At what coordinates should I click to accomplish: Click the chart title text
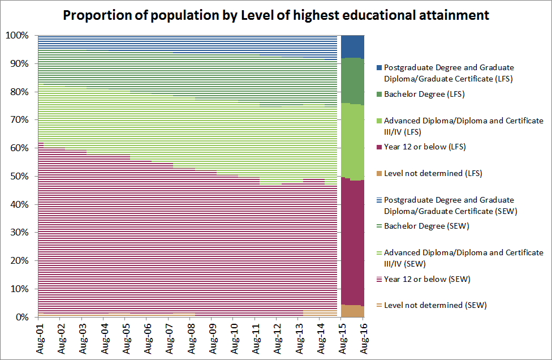[275, 15]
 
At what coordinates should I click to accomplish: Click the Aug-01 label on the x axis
[40, 338]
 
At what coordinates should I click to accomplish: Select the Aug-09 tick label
[212, 338]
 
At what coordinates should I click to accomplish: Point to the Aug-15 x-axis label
[342, 338]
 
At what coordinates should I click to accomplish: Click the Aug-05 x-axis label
[126, 338]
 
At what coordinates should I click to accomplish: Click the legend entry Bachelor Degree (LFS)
[424, 94]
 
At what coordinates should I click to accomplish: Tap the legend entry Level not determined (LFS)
[433, 173]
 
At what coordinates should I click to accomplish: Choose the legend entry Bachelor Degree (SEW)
[425, 226]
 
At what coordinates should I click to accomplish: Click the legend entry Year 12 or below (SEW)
[427, 279]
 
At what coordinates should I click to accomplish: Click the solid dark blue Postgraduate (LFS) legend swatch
[379, 67]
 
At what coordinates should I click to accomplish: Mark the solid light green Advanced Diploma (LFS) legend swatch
[379, 121]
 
